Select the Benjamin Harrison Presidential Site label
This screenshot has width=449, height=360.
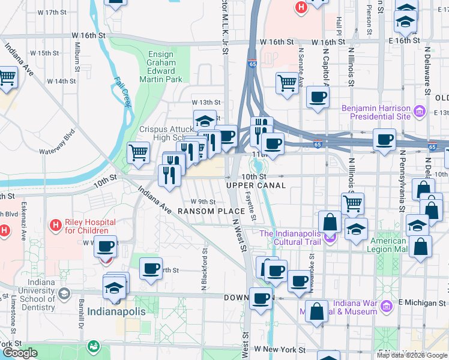coord(375,112)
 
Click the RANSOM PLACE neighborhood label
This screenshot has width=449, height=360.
coord(211,211)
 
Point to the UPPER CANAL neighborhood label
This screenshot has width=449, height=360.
coord(256,185)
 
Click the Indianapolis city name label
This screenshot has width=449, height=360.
coord(116,312)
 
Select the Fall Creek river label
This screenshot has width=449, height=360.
coord(124,91)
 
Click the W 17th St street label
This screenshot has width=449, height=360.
coord(52,12)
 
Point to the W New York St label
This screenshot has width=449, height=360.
coord(280,349)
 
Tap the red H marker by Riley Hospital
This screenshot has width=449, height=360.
coord(56,225)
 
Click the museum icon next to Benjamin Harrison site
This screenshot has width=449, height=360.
coord(420,112)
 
